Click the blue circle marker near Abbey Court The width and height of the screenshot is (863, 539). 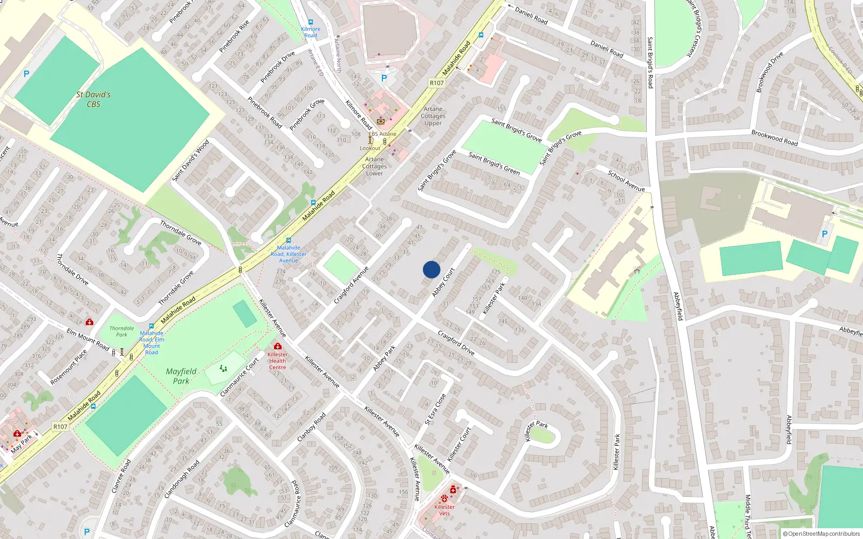432,269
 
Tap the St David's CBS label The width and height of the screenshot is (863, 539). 93,99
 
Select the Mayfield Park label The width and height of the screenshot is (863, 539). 181,376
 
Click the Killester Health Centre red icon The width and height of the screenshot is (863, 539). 277,346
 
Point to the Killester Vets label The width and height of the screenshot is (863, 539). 444,510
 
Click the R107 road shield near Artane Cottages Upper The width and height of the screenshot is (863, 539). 436,82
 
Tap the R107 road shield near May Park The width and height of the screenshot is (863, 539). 60,426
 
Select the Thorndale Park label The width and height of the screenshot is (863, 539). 122,331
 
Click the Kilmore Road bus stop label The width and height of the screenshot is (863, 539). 311,32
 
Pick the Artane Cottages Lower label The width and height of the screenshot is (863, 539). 374,166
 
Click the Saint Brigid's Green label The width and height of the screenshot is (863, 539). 494,163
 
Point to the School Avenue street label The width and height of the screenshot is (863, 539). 626,181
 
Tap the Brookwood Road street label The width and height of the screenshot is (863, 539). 775,137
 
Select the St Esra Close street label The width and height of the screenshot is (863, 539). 435,409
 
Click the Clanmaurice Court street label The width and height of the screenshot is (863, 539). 240,377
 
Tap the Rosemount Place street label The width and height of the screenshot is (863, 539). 69,368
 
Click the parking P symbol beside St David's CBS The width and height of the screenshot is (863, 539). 26,74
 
